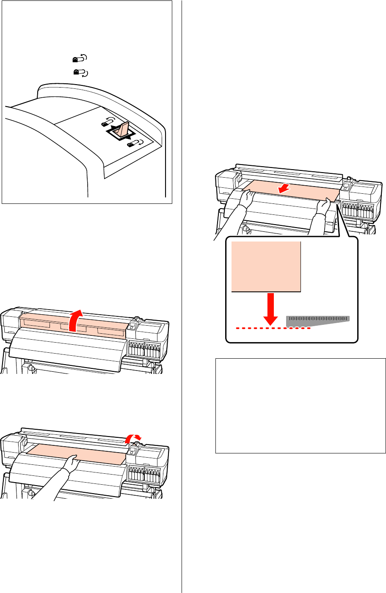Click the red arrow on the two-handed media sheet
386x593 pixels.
(281, 189)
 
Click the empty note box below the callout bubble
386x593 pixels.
(301, 406)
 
